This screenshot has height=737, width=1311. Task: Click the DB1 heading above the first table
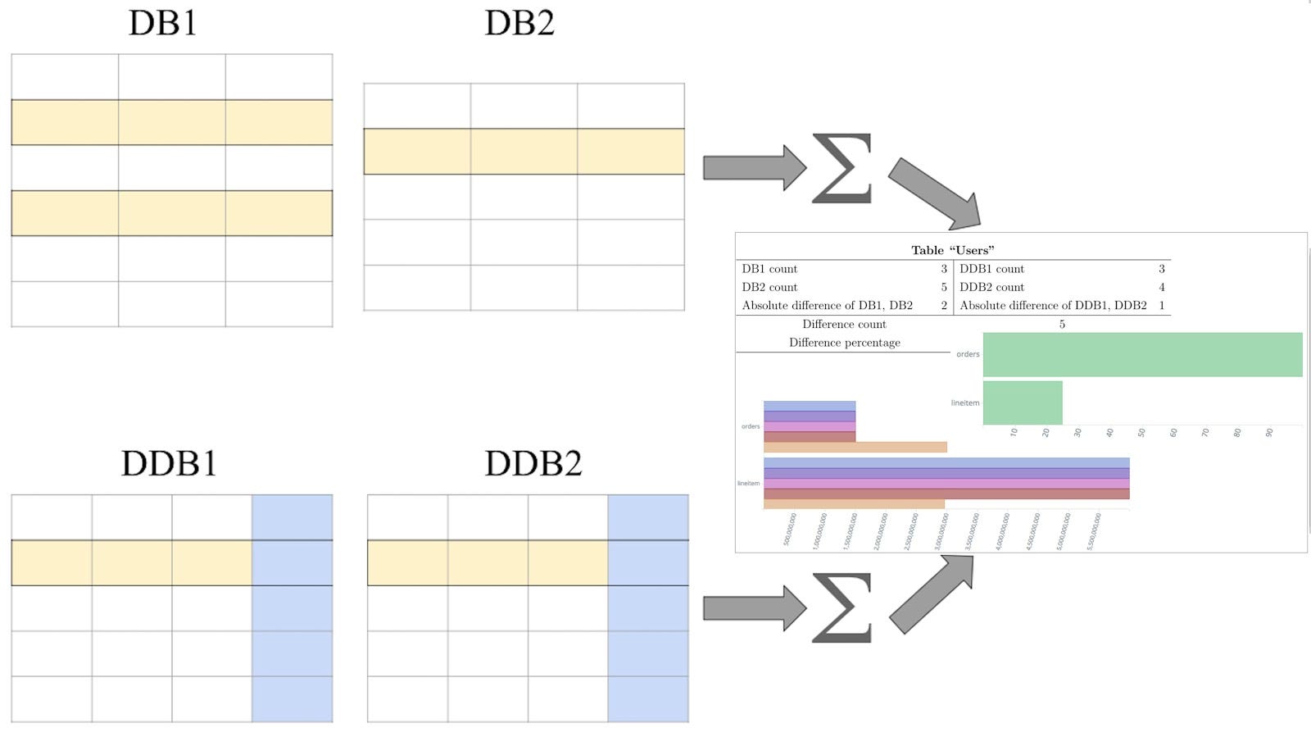[x=162, y=23]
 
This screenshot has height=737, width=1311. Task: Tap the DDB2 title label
[x=533, y=464]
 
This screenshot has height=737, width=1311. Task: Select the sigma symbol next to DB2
[x=841, y=169]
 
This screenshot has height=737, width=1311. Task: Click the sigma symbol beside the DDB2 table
[x=841, y=608]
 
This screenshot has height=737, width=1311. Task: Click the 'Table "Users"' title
[x=952, y=250]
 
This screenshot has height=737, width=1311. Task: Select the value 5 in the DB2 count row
[x=943, y=287]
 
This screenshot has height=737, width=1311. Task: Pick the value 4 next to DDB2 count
[x=1161, y=287]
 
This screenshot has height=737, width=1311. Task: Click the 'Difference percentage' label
[x=844, y=343]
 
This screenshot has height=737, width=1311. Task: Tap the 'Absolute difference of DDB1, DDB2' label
[x=1053, y=305]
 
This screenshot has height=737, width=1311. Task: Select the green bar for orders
[x=1142, y=354]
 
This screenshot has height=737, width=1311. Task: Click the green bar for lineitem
[x=1022, y=403]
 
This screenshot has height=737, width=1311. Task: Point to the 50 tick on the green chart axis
[x=1141, y=432]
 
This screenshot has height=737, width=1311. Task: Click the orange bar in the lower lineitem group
[x=853, y=504]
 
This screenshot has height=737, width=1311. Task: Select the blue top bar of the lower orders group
[x=809, y=406]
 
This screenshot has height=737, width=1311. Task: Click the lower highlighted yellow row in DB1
[x=171, y=213]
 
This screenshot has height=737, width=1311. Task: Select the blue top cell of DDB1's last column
[x=292, y=516]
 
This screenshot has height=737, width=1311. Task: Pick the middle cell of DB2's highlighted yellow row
[x=524, y=151]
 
